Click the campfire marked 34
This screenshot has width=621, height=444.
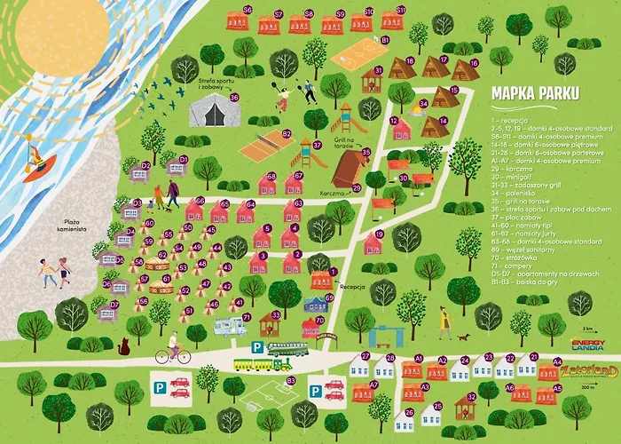[416, 109]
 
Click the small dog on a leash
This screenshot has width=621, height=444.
[463, 337]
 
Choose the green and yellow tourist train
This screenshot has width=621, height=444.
[263, 363]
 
